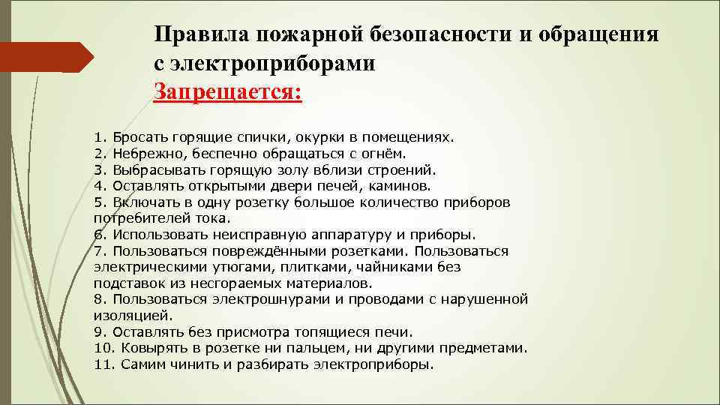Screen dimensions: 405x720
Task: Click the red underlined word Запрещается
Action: pos(226,94)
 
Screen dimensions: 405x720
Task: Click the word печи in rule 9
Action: pos(396,331)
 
